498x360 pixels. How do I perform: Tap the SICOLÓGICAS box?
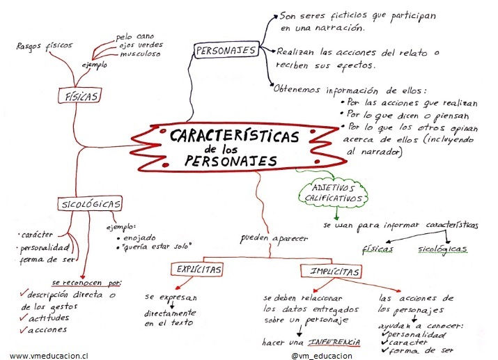pyautogui.click(x=89, y=204)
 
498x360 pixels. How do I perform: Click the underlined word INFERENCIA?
pyautogui.click(x=335, y=343)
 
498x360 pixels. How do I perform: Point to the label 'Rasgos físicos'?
pyautogui.click(x=45, y=46)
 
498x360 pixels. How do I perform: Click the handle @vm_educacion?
pyautogui.click(x=322, y=354)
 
